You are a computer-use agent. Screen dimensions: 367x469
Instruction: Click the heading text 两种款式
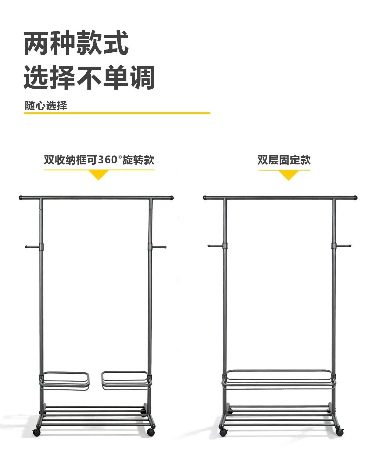coord(76,43)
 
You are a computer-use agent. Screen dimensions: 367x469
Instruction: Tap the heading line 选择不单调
coord(89,77)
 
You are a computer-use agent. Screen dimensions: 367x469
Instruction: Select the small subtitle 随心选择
coord(46,105)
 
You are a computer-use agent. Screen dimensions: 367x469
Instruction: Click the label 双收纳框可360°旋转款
coord(99,160)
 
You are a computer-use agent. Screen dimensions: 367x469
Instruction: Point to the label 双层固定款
coord(284,160)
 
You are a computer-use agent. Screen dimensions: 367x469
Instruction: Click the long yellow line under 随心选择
coord(117,113)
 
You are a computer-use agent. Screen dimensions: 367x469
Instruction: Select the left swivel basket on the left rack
coord(64,381)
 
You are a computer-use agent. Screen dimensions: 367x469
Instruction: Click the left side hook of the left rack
coord(33,247)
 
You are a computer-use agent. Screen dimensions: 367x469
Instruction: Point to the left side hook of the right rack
coord(216,246)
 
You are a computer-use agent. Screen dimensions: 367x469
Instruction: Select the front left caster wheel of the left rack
coord(37,432)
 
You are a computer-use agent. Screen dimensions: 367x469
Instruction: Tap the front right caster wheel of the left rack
coord(151,432)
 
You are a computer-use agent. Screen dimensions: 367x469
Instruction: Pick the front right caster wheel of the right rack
coord(339,432)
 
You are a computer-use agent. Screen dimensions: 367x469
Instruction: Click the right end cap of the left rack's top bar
coord(172,198)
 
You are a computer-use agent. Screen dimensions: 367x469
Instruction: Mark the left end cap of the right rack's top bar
coord(205,198)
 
